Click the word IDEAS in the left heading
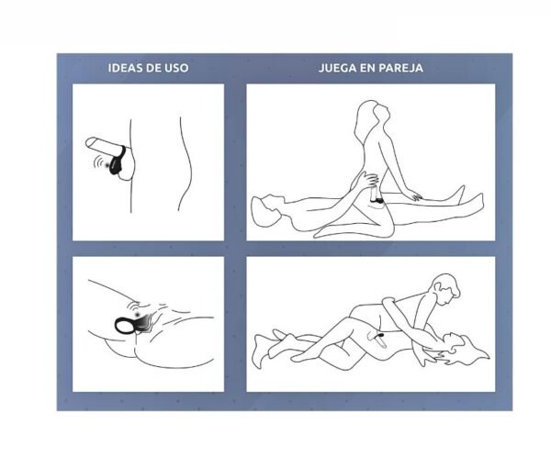[x=124, y=68]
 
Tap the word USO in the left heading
[x=174, y=68]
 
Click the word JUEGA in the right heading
[x=339, y=68]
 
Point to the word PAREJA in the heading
[x=401, y=68]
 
